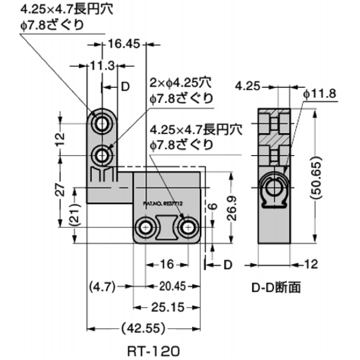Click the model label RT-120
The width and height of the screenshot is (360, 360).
click(x=153, y=350)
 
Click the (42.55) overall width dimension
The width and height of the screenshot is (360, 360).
click(x=143, y=328)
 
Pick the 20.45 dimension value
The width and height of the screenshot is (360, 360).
click(x=172, y=287)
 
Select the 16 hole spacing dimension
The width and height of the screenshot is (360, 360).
click(x=166, y=265)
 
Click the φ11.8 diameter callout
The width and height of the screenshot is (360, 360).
click(x=320, y=94)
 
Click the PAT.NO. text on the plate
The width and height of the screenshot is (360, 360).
click(x=163, y=203)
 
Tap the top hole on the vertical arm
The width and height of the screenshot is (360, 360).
click(x=103, y=124)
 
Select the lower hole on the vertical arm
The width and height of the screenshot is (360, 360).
click(x=103, y=156)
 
